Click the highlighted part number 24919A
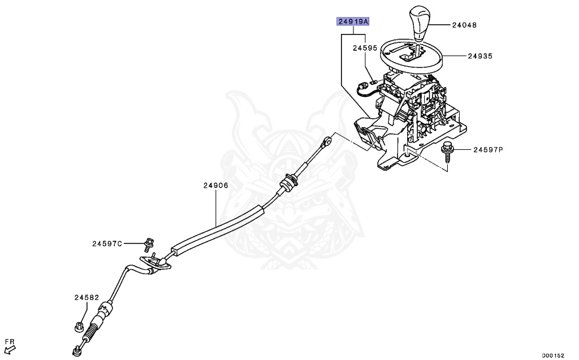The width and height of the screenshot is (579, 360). (353, 22)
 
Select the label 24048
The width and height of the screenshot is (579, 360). (465, 25)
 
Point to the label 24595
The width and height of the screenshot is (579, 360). (365, 49)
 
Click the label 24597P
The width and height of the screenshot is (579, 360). (487, 150)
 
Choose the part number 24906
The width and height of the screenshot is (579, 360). (216, 185)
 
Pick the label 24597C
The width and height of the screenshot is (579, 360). (107, 244)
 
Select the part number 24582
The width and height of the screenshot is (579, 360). (86, 297)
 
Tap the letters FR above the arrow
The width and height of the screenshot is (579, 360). (10, 341)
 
